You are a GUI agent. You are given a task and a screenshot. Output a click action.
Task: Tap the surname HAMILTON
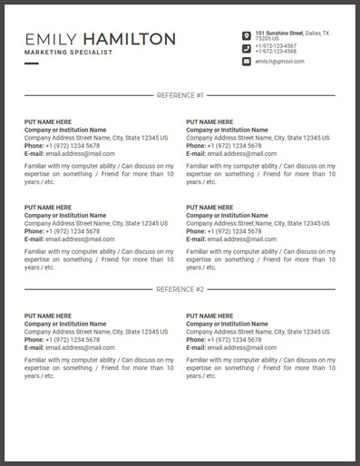point(128,39)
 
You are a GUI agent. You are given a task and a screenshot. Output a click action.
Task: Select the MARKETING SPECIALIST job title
point(69,53)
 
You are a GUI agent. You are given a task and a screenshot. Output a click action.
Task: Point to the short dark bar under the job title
point(32,64)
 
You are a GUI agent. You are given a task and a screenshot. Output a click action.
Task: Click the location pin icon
point(247,36)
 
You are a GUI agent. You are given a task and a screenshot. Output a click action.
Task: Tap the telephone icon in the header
point(247,49)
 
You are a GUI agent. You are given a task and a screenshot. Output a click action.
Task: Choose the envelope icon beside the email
point(247,62)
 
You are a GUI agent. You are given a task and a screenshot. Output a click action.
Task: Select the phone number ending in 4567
point(276,46)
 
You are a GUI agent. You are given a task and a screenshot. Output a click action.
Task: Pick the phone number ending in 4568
point(276,52)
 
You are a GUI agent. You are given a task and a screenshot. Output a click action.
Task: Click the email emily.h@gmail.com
point(279,62)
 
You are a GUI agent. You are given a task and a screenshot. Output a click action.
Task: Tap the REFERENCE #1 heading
point(180,94)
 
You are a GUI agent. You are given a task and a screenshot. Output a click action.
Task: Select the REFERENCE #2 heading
point(180,289)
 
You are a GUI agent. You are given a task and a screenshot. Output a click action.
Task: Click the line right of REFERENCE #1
point(272,94)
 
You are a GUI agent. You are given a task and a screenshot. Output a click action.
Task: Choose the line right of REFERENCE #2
point(272,289)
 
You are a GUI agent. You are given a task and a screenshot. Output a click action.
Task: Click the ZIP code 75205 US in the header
point(268,39)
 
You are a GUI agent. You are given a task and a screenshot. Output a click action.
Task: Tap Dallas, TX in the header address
point(317,34)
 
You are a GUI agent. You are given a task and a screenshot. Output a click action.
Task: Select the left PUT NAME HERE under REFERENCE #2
point(47,316)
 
